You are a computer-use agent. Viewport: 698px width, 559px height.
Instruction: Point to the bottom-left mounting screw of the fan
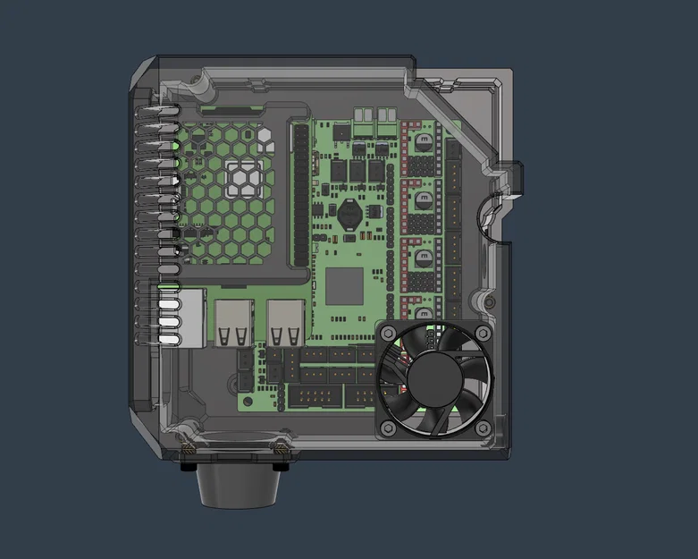tap(387, 428)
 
